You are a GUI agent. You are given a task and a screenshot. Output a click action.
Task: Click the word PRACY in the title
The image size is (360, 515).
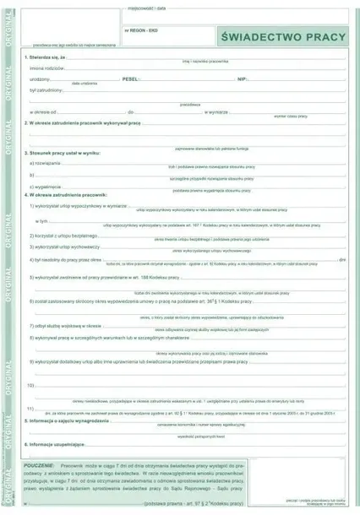[321, 37]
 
